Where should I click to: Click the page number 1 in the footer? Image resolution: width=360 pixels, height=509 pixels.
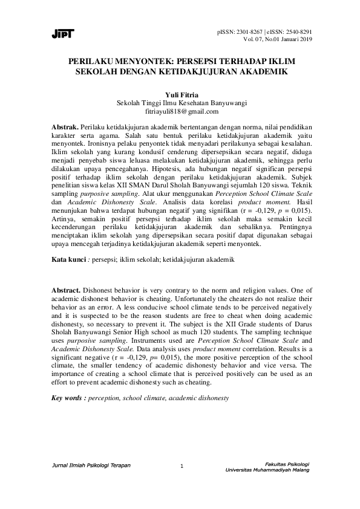[182, 465]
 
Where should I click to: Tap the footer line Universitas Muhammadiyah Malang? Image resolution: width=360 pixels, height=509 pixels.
[267, 470]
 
